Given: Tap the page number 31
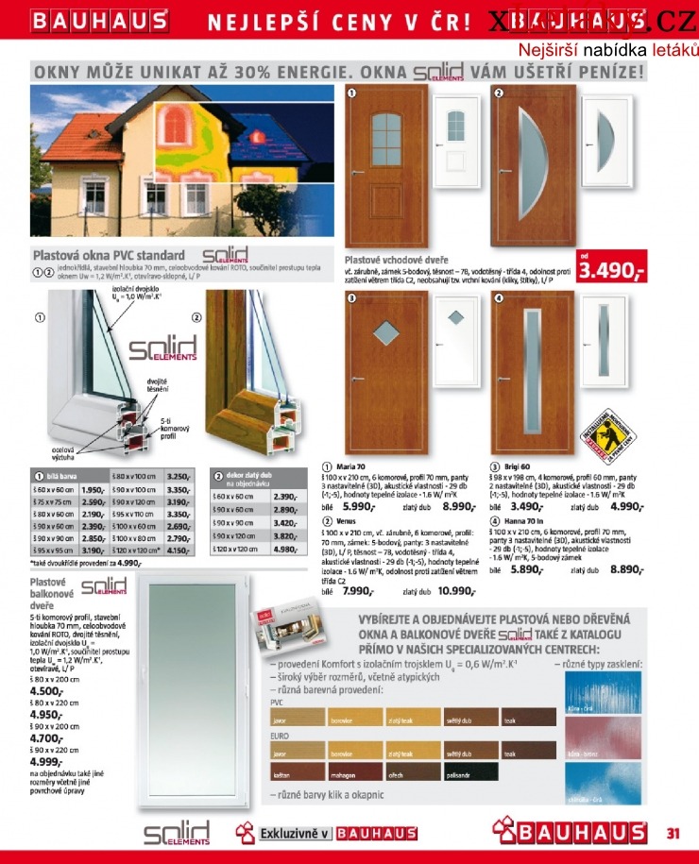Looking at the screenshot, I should tap(673, 833).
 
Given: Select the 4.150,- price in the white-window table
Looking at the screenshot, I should tap(179, 550).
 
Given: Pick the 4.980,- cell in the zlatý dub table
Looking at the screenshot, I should tap(286, 550).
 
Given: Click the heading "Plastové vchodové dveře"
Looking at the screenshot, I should tap(396, 259).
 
